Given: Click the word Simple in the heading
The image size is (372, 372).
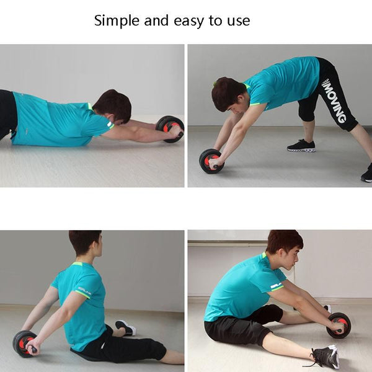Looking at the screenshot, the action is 117,21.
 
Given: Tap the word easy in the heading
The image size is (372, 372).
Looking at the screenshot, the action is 188,22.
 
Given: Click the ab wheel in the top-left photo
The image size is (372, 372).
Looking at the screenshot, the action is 170,129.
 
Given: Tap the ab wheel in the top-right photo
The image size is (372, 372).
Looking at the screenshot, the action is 211,161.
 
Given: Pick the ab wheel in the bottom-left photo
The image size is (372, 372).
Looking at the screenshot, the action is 25,343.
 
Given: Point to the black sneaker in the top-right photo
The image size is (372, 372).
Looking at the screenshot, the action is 301,146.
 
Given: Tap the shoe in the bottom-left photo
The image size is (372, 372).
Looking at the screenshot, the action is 125,327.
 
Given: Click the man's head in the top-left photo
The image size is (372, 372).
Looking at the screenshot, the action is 113,105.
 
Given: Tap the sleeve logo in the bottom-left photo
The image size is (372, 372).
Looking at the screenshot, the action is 84,290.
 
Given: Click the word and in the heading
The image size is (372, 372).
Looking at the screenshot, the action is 156,20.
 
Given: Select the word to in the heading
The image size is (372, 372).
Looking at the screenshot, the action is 216,21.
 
